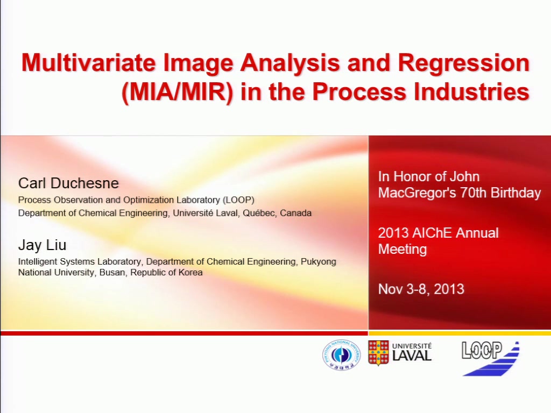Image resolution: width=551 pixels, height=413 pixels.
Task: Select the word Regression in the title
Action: pos(463,63)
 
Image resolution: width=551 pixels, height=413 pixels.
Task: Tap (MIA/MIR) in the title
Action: pos(177,92)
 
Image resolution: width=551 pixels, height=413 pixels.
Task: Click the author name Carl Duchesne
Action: pos(68,183)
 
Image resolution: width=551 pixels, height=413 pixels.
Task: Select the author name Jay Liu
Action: pos(42,245)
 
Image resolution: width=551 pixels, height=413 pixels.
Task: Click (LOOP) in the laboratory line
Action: pos(238,200)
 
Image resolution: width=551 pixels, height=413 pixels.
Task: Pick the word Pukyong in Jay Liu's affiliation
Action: pos(319,262)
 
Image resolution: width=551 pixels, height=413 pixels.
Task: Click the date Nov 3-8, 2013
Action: pos(421,289)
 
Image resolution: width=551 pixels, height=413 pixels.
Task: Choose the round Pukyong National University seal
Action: pos(341,354)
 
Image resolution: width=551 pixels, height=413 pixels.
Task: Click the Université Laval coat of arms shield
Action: pos(378,353)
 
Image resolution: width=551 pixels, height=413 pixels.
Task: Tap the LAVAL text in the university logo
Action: pos(412,356)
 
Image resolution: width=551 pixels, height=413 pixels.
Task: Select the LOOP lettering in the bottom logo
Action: pos(482,350)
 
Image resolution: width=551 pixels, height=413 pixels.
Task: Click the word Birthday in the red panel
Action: pos(515,193)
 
